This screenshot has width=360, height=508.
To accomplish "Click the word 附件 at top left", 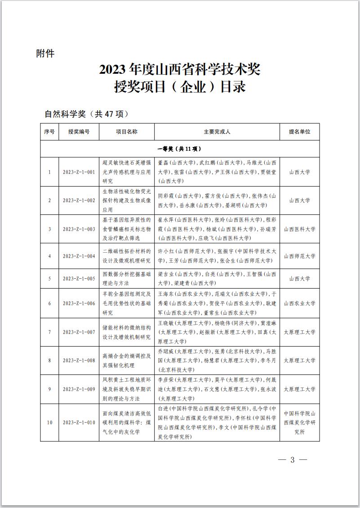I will (45, 53).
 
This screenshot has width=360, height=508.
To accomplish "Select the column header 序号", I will (49, 132).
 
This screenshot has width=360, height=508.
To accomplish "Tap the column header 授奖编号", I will (79, 132).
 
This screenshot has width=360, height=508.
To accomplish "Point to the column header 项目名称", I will (127, 132).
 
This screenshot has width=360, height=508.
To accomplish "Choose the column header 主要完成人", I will (217, 132).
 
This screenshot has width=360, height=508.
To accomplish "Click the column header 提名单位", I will (299, 132).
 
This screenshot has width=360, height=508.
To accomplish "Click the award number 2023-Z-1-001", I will (79, 172).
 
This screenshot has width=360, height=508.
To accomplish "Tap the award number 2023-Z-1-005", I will (79, 278).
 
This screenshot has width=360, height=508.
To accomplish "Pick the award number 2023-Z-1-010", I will (79, 422).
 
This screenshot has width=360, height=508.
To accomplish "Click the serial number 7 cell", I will (49, 332).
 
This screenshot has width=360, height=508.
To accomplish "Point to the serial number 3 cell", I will (49, 229).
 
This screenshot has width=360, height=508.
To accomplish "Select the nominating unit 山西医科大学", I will (299, 229).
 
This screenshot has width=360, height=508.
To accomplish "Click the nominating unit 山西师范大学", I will (299, 256).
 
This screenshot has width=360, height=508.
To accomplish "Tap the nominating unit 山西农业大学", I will (299, 303).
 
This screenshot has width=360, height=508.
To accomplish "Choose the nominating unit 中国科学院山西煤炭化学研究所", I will (299, 422).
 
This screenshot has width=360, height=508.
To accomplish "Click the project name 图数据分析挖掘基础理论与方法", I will (127, 278).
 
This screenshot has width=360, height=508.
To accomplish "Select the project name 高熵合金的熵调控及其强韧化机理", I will (127, 361).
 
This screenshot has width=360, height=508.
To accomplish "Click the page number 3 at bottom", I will (292, 460).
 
